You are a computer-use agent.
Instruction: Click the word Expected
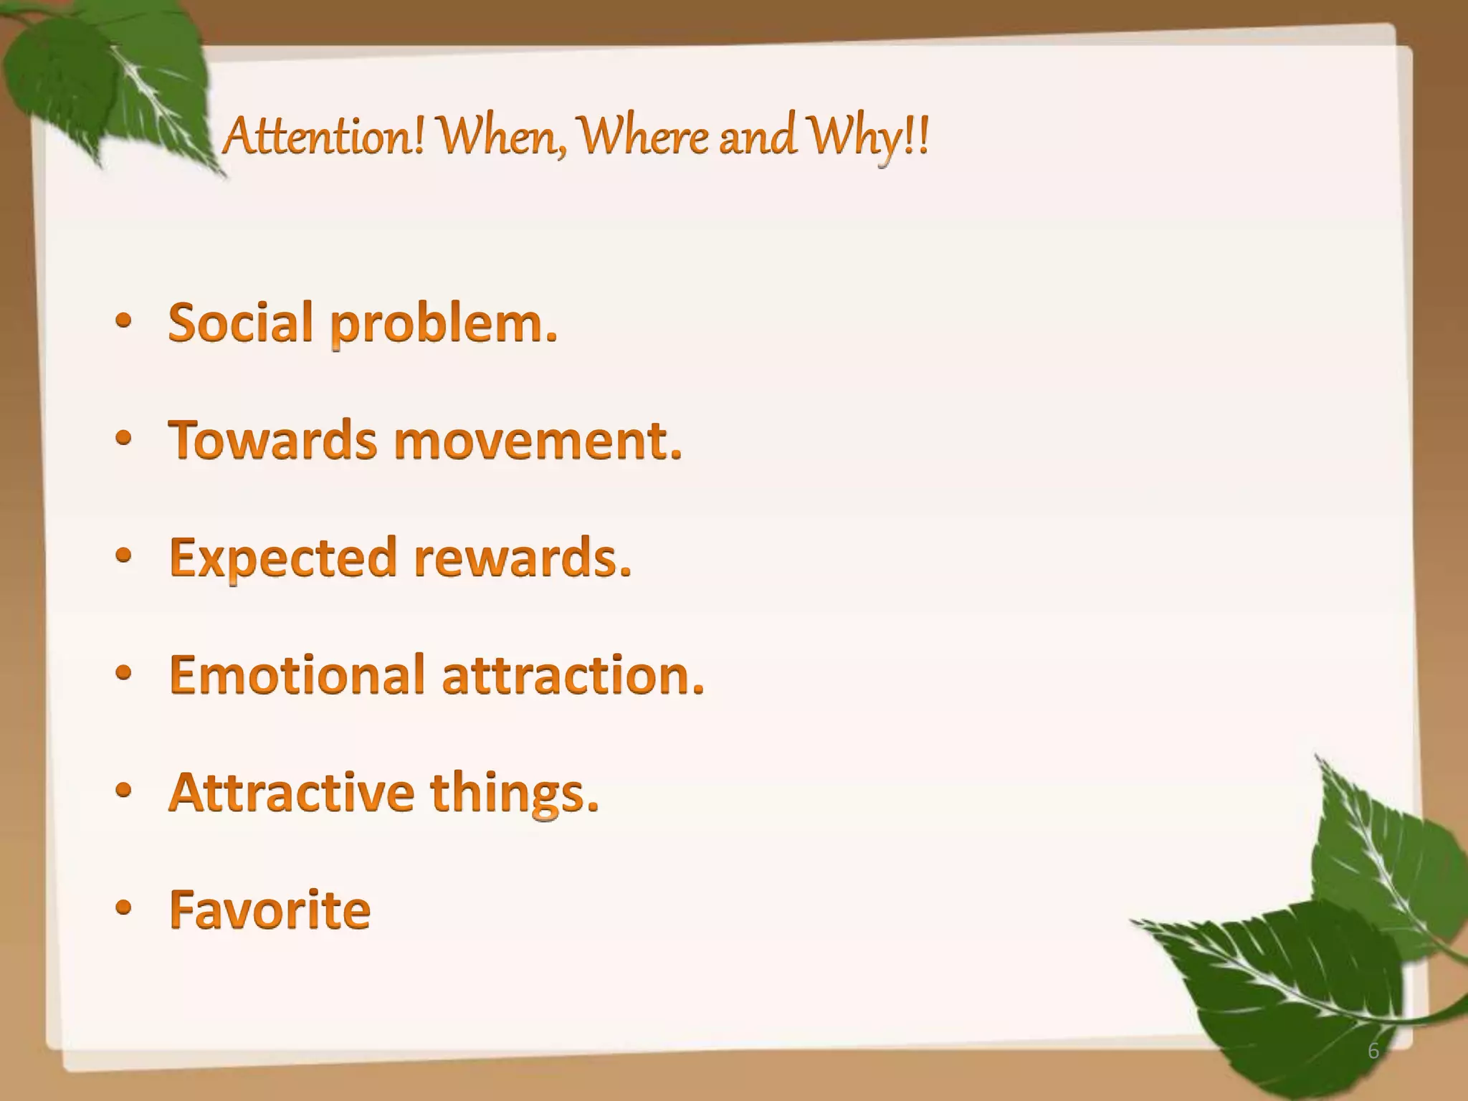coord(283,558)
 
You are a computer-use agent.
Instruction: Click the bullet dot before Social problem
coord(123,323)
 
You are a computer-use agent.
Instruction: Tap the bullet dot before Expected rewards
coord(123,557)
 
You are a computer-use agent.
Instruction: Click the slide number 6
coord(1373,1051)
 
